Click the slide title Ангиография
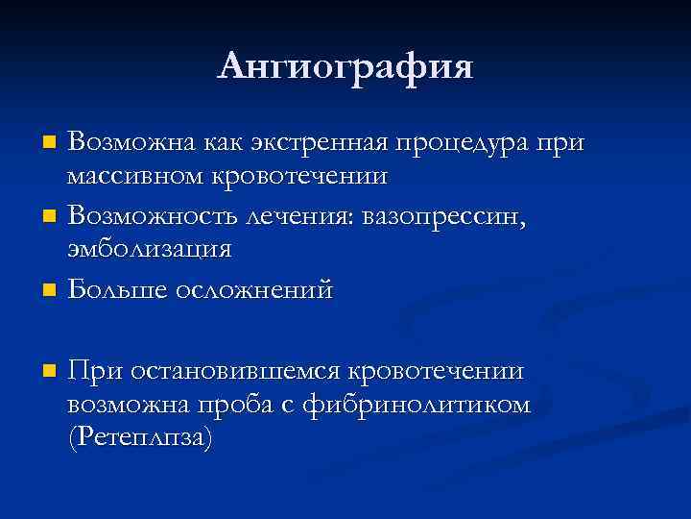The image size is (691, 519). (345, 66)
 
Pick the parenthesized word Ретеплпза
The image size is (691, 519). (140, 438)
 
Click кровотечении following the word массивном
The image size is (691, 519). (295, 177)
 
